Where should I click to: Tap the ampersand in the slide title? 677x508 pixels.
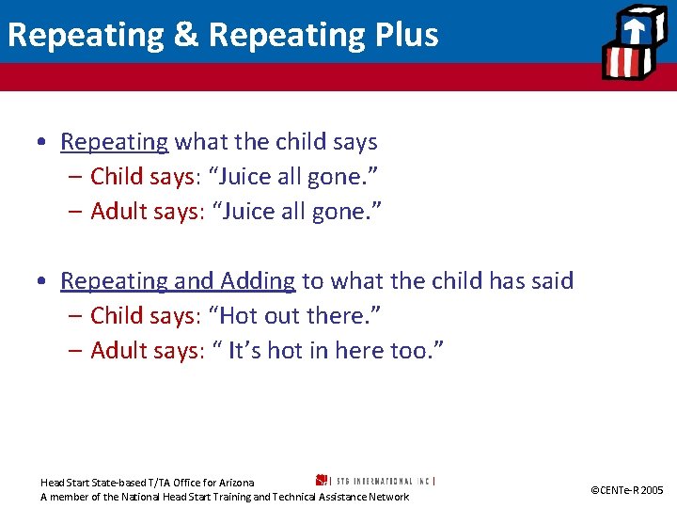[x=186, y=35]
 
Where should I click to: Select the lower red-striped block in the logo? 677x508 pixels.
[x=622, y=61]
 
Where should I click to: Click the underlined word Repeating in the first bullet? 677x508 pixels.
[x=114, y=142]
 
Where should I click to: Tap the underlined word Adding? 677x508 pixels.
[x=258, y=281]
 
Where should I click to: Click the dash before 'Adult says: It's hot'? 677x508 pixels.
[x=75, y=351]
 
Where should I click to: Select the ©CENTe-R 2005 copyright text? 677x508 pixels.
[x=626, y=490]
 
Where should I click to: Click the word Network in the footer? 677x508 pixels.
[x=387, y=497]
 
